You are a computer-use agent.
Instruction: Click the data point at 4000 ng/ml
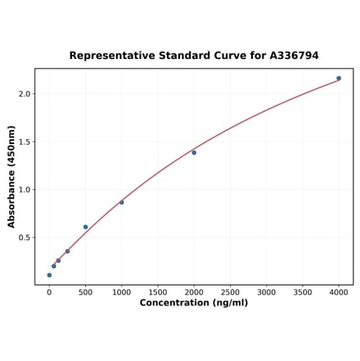tap(339, 79)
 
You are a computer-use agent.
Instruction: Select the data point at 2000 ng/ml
tap(194, 152)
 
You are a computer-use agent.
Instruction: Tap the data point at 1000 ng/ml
tap(122, 202)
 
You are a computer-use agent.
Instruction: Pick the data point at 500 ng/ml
tap(85, 227)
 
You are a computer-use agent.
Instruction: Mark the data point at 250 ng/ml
tap(67, 251)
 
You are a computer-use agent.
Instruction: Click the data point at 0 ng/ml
tap(49, 275)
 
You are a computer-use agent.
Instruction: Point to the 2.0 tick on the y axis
tap(24, 94)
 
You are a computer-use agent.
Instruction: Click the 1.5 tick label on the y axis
tap(24, 142)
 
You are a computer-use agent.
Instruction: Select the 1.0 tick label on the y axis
tap(24, 190)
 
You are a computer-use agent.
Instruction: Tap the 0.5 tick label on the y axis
tap(24, 238)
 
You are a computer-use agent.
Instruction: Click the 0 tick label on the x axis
tap(49, 292)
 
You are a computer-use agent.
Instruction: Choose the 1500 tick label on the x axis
tap(158, 292)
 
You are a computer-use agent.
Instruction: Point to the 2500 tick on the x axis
tap(230, 292)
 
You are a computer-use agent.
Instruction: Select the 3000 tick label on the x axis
tap(267, 292)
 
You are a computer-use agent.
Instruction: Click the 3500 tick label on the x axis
tap(303, 292)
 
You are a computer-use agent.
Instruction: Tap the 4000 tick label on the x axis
tap(339, 292)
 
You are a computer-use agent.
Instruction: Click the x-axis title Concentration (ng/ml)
tap(194, 304)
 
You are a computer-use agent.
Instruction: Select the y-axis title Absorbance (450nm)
tap(11, 177)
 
